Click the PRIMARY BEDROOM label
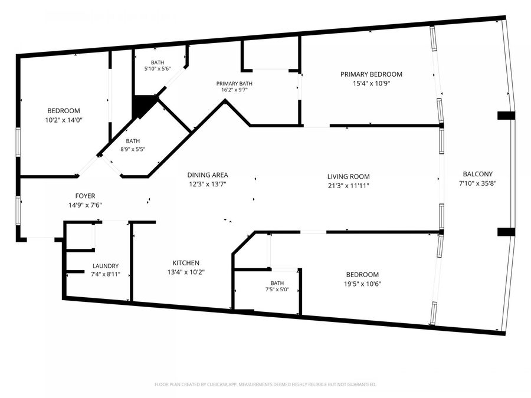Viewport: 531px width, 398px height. click(x=371, y=74)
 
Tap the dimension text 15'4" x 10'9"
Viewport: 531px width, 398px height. click(x=372, y=83)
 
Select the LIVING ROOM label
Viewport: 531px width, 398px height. click(x=349, y=176)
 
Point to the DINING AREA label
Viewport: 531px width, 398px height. click(x=208, y=175)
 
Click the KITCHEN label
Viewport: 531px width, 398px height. click(x=186, y=263)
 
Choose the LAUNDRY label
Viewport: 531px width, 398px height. click(x=106, y=266)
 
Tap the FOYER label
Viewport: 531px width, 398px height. click(x=85, y=196)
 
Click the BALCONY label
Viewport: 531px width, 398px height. click(x=477, y=174)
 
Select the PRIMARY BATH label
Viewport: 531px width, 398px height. click(x=234, y=84)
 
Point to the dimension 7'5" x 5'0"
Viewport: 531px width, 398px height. click(x=277, y=290)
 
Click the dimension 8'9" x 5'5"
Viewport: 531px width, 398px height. click(x=133, y=149)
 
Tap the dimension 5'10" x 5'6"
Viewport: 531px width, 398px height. click(x=158, y=69)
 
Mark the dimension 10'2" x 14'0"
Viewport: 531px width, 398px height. click(x=64, y=120)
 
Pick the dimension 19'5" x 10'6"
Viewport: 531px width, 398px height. click(x=362, y=284)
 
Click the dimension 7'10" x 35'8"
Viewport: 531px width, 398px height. click(x=477, y=183)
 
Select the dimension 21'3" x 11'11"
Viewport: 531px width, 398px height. click(x=349, y=186)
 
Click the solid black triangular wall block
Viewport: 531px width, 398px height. click(x=142, y=104)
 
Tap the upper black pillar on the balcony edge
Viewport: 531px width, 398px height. click(x=506, y=116)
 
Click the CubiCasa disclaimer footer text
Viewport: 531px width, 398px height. click(x=265, y=384)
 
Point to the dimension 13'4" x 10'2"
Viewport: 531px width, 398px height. click(x=186, y=272)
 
